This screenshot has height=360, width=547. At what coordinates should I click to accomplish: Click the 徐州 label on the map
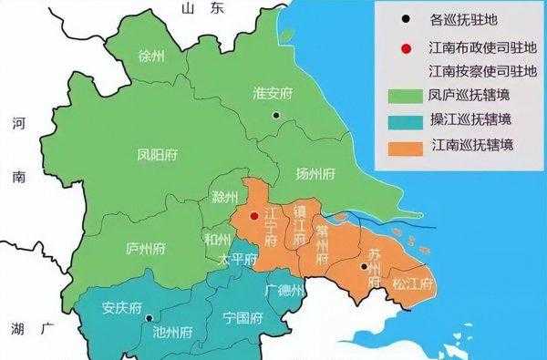[150, 57]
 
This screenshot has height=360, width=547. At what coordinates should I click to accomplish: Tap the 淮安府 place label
[273, 92]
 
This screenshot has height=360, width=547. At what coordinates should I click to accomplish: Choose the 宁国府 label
[243, 318]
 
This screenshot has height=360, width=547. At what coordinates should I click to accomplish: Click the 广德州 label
[284, 290]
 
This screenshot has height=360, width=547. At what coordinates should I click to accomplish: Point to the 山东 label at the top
[202, 9]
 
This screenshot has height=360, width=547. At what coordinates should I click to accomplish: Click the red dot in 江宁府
[254, 216]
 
